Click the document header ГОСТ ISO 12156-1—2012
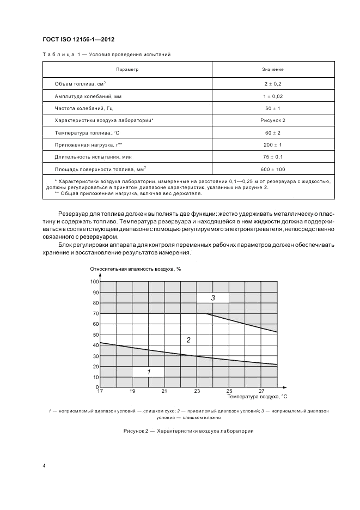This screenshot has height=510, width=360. [78, 39]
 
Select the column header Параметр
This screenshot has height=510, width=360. [127, 70]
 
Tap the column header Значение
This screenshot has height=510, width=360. [272, 70]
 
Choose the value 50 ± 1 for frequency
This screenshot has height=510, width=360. [272, 108]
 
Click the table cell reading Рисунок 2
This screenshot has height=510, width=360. [272, 120]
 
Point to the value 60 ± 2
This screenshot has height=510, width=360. [272, 132]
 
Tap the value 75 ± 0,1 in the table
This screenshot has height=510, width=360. [272, 157]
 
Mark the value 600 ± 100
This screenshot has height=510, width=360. [272, 169]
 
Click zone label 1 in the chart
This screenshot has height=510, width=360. [148, 372]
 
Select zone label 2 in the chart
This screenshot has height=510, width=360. [188, 341]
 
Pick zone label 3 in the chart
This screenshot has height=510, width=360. [213, 298]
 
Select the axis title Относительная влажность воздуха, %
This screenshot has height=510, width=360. [135, 270]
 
